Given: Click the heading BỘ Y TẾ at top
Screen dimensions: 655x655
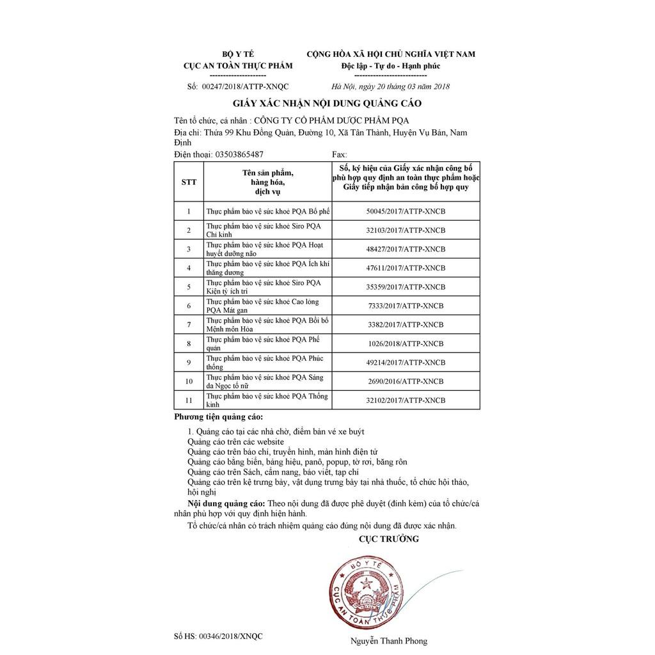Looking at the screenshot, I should pyautogui.click(x=237, y=54).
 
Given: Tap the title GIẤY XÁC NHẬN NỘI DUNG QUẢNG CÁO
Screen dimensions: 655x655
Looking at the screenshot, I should pyautogui.click(x=327, y=103).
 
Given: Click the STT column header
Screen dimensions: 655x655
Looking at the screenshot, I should pyautogui.click(x=189, y=182).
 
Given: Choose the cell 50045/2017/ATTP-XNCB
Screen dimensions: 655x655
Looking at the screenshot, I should pyautogui.click(x=406, y=211).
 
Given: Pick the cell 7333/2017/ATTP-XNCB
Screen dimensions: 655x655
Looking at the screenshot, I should pyautogui.click(x=406, y=306).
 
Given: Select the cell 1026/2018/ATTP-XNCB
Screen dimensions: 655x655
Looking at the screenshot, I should pyautogui.click(x=406, y=343).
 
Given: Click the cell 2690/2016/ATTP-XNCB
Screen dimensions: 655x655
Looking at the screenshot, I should pyautogui.click(x=406, y=381).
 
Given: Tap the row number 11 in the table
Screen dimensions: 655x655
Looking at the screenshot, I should pyautogui.click(x=189, y=400).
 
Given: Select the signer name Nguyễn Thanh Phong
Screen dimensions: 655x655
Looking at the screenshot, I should pyautogui.click(x=388, y=640).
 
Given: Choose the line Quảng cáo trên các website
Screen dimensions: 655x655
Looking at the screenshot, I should pyautogui.click(x=235, y=442).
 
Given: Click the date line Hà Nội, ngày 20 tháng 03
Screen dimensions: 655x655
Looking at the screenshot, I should pyautogui.click(x=391, y=86).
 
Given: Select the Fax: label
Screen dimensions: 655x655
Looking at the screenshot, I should pyautogui.click(x=340, y=155).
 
